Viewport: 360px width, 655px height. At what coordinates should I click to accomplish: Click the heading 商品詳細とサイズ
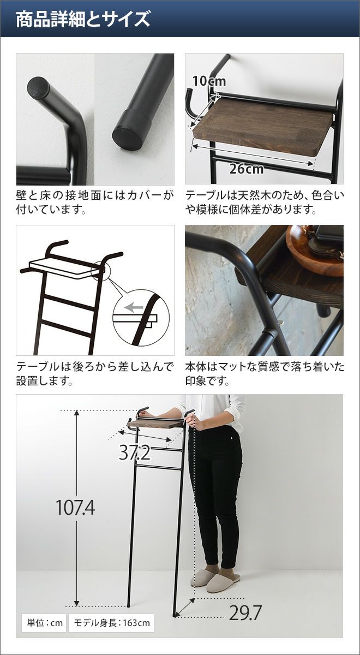(83, 19)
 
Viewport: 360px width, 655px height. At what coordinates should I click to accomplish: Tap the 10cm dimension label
(209, 81)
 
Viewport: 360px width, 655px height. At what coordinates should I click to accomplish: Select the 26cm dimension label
(247, 169)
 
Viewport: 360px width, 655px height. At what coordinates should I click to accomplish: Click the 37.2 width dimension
(134, 452)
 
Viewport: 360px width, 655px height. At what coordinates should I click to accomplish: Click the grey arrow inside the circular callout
(133, 307)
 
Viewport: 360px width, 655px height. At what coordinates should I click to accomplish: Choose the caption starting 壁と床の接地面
(95, 203)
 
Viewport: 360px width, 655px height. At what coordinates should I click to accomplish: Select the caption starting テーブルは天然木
(265, 203)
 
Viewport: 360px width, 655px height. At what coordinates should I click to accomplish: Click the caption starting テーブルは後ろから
(95, 373)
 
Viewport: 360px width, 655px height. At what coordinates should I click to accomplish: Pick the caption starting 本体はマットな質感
(265, 373)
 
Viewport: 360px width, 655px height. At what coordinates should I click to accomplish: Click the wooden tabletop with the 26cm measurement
(263, 126)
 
